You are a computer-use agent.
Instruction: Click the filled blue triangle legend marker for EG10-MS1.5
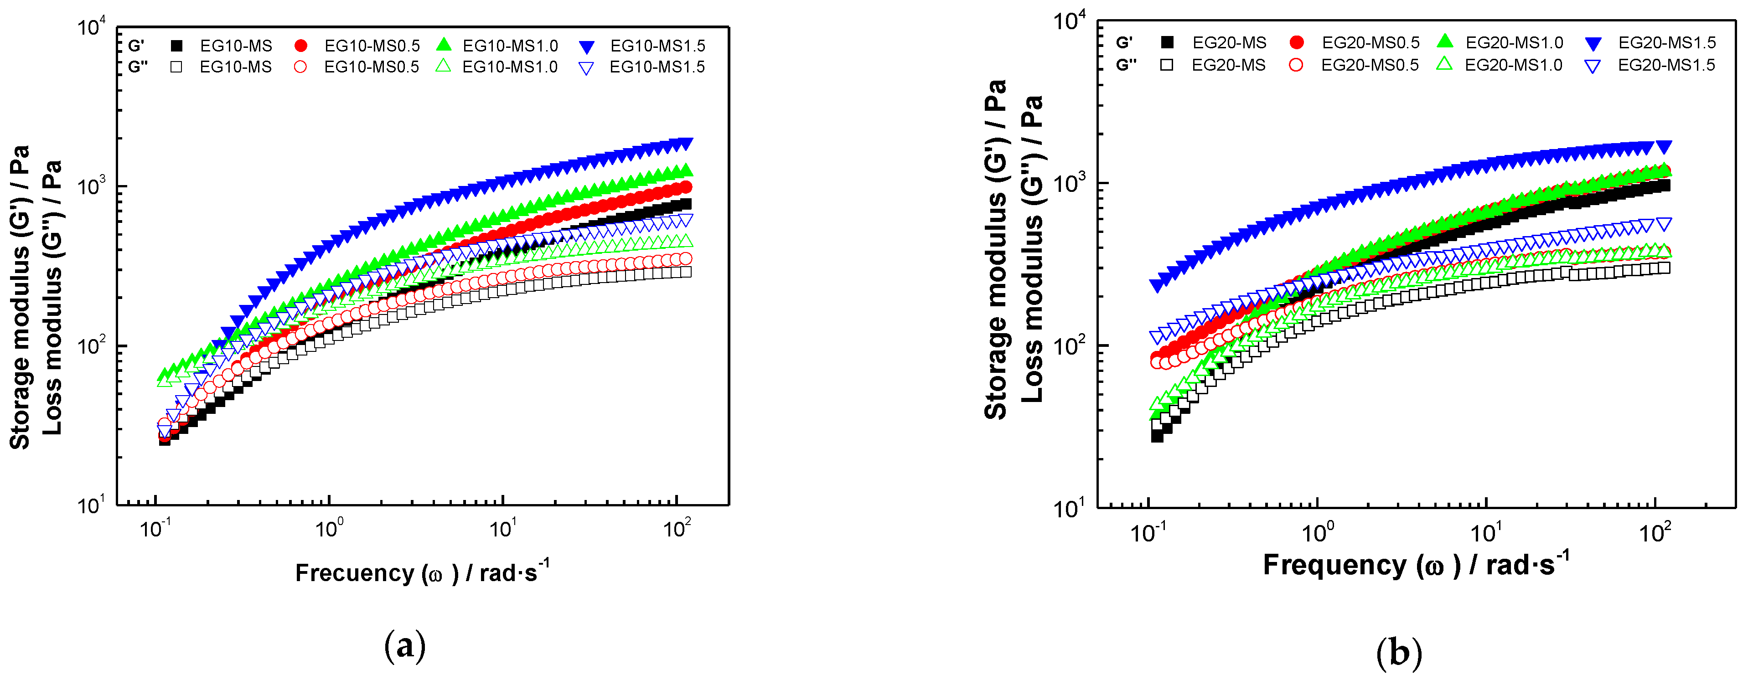(587, 47)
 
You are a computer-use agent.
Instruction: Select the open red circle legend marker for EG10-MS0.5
(300, 67)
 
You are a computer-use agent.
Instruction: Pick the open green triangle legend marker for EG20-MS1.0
(1445, 64)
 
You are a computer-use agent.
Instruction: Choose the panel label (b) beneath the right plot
(1399, 653)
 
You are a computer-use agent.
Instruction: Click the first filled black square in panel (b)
(1157, 436)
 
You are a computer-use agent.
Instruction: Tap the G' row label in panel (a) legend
(136, 46)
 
